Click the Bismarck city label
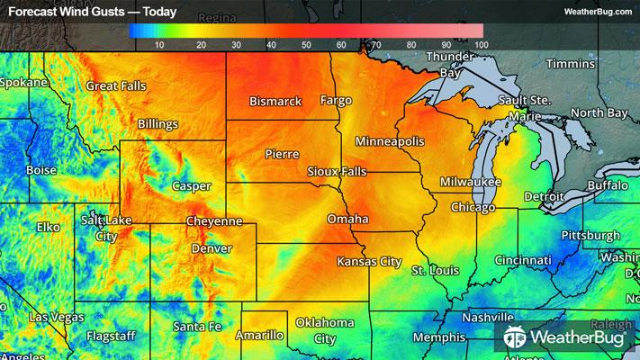(275, 102)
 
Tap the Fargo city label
(336, 100)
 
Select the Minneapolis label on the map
(389, 142)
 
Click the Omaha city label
(347, 219)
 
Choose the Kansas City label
(368, 261)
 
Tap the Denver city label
(212, 248)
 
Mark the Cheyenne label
(213, 220)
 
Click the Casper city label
(191, 186)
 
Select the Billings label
(158, 124)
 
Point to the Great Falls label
(116, 85)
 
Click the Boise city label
(41, 169)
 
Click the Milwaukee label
(470, 182)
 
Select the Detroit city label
(544, 195)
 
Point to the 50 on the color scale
(306, 44)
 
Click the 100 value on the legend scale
(480, 44)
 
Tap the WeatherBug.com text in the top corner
(598, 12)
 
